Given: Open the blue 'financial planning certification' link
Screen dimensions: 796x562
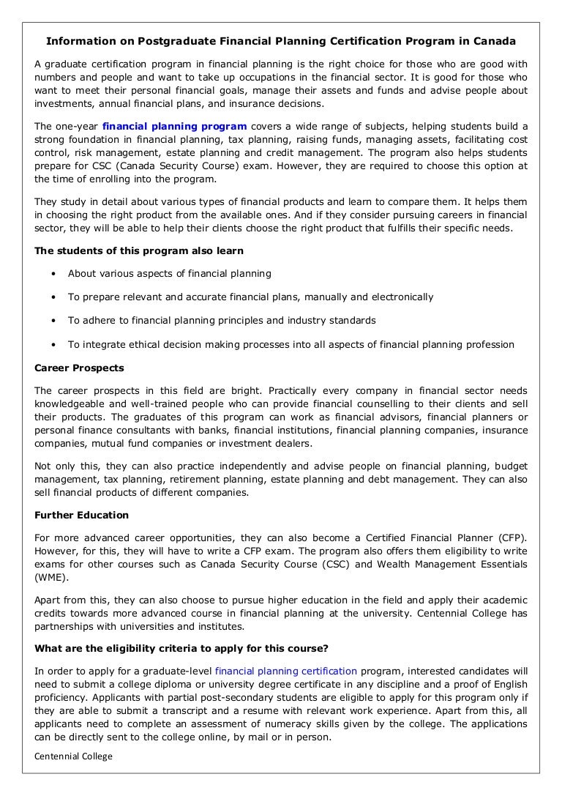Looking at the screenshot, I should pos(285,670).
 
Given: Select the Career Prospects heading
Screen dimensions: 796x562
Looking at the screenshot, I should pos(79,368).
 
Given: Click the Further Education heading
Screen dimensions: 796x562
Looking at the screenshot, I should pos(81,516).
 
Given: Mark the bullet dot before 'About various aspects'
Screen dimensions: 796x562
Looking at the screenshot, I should pos(54,274).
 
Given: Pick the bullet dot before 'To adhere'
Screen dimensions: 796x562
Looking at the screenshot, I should pos(54,321).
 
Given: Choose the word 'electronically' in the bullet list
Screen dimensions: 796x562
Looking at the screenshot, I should pos(402,297).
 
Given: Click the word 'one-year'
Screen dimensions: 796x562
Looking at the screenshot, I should pos(78,126).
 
